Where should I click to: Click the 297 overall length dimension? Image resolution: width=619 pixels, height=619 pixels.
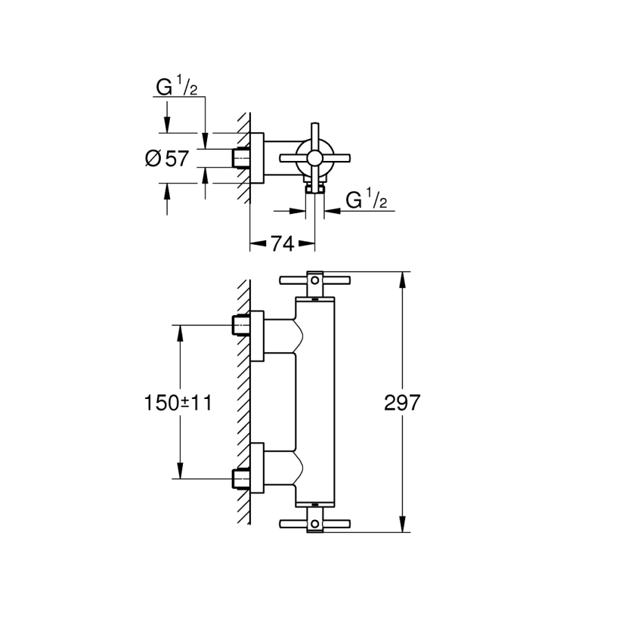[x=402, y=402]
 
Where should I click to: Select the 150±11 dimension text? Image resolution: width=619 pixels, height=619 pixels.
[x=178, y=402]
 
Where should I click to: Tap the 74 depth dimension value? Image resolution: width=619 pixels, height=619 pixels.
[x=281, y=243]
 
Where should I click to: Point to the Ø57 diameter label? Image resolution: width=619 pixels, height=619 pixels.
[x=166, y=158]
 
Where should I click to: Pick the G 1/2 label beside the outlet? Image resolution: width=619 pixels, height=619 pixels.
[x=367, y=200]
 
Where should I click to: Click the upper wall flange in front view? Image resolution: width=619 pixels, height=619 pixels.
[x=257, y=336]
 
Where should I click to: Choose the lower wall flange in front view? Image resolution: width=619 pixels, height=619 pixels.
[x=257, y=468]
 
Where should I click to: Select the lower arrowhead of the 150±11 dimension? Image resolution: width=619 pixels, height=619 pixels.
[x=180, y=474]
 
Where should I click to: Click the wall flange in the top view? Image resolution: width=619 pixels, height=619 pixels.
[x=256, y=158]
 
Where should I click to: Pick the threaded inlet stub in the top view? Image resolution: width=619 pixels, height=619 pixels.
[x=241, y=158]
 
